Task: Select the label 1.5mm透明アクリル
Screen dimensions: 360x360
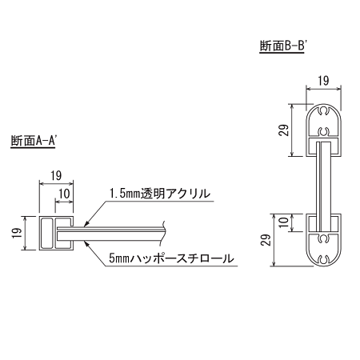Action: pyautogui.click(x=159, y=193)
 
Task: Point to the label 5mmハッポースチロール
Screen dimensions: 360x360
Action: pyautogui.click(x=171, y=258)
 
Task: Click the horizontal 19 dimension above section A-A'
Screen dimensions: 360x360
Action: pyautogui.click(x=57, y=175)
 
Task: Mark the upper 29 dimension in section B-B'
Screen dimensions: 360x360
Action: pyautogui.click(x=283, y=130)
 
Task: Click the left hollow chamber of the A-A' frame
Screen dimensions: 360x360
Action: pyautogui.click(x=46, y=232)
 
